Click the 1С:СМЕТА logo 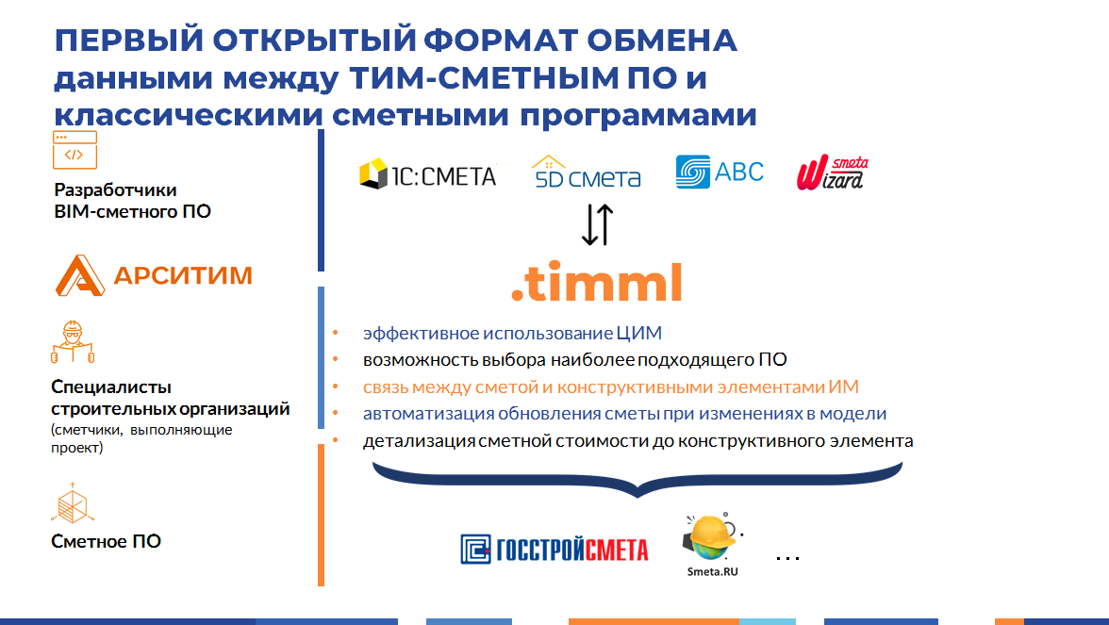point(428,173)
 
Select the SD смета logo point(587,172)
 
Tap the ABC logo point(720,172)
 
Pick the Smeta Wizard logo point(833,173)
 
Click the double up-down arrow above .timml point(598,224)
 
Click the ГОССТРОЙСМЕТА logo point(554,550)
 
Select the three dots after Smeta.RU point(787,558)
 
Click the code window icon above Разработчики point(75,150)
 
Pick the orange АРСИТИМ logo point(155,275)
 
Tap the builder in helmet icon point(73,342)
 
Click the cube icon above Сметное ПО point(73,502)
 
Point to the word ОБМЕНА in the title point(662,41)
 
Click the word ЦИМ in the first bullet point(638,332)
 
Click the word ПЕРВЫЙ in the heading point(129,41)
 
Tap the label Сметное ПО point(106,541)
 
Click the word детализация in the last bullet point(419,441)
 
